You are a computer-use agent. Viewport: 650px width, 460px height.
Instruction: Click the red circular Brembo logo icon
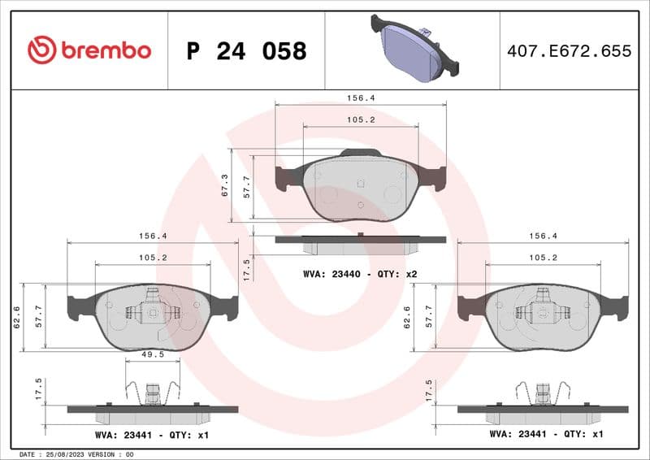tap(41, 50)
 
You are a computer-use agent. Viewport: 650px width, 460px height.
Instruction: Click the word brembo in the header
tap(105, 50)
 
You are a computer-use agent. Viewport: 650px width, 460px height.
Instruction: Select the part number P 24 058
tap(246, 51)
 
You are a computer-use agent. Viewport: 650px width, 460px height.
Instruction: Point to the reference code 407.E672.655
tap(569, 51)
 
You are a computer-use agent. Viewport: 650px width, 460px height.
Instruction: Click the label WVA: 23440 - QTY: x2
tap(360, 274)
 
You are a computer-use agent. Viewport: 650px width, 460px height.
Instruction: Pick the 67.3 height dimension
tap(226, 186)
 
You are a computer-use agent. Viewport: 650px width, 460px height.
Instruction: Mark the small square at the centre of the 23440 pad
tap(360, 184)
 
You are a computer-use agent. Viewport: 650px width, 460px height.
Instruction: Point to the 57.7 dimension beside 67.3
tap(247, 186)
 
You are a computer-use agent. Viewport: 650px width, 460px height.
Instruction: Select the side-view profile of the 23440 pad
tap(360, 242)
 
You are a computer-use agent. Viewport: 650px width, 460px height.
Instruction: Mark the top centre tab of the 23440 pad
tap(360, 153)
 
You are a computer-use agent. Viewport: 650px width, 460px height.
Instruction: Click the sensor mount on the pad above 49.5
tap(152, 307)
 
